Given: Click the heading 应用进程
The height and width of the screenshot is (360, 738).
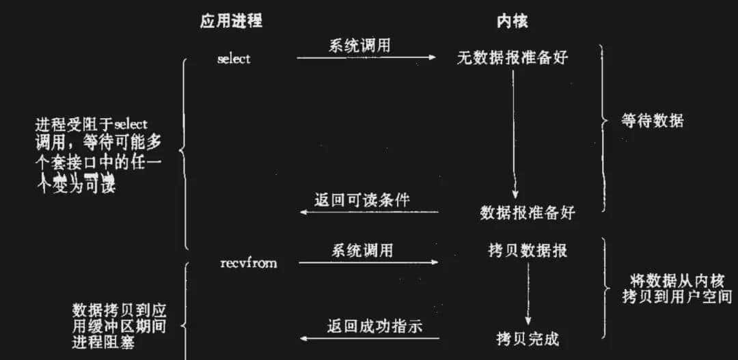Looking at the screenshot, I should (230, 21).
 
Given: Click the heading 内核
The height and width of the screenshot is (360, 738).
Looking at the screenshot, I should (512, 21).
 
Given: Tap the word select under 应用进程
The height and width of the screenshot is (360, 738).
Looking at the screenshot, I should (234, 59).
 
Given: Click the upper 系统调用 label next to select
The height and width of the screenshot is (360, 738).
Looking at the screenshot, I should (361, 46).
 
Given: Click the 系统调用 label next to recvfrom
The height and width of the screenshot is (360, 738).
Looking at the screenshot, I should (363, 250).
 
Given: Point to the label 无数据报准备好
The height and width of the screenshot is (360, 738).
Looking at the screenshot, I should (512, 58).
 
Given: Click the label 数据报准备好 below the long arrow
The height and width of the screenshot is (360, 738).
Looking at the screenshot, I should (528, 212).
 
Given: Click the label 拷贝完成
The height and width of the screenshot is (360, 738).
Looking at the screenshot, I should (528, 337).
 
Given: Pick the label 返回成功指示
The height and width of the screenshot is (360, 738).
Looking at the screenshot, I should (374, 326).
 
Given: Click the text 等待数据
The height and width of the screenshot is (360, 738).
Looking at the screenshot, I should (653, 122).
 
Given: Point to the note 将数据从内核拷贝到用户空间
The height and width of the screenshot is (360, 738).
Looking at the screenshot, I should (676, 288).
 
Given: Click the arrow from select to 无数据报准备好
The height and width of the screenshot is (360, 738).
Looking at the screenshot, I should (366, 57).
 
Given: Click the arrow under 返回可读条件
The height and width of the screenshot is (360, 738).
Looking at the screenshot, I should (369, 212).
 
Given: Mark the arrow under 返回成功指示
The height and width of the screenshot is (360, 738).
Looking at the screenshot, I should (370, 338).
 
